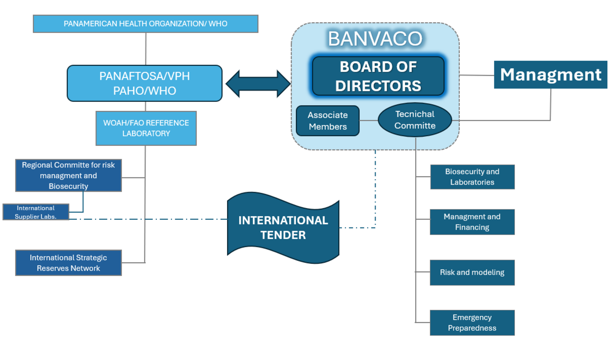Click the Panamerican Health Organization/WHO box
145,24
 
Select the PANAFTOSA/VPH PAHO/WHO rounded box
144,84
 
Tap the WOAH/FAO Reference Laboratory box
146,128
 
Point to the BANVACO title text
374,39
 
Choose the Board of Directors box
378,76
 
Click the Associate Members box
327,121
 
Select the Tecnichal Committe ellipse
415,120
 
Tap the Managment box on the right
550,75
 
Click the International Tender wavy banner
283,228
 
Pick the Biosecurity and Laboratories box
472,177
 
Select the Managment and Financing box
472,222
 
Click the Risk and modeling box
472,273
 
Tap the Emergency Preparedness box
472,323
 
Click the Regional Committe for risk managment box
68,176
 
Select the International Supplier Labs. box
35,212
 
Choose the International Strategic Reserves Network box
68,263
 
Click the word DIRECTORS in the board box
378,85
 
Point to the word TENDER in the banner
283,235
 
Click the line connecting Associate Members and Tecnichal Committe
369,120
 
